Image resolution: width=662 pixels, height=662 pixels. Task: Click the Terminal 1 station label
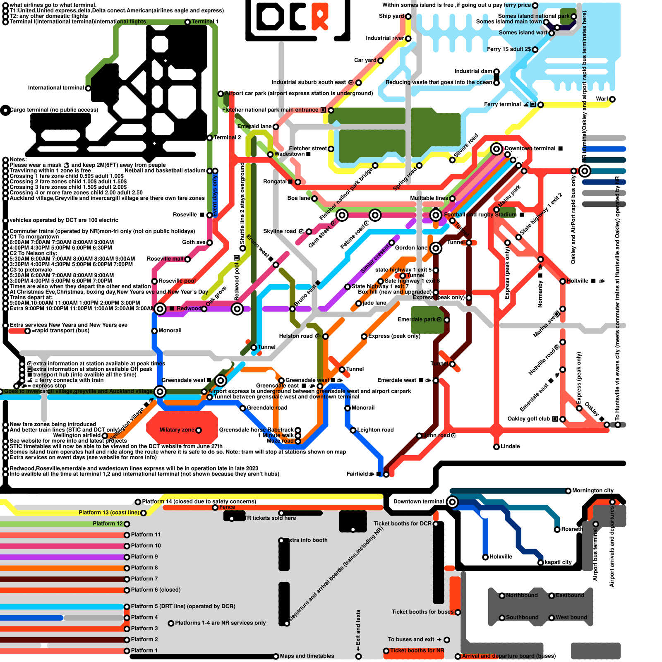click(x=205, y=22)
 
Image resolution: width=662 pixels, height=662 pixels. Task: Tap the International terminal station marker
click(x=88, y=88)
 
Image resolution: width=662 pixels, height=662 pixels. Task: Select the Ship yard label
click(x=391, y=16)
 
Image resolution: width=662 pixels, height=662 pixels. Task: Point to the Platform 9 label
click(x=144, y=557)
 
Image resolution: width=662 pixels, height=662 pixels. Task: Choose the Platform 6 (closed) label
click(x=156, y=590)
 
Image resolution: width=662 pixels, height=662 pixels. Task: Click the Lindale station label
click(x=510, y=446)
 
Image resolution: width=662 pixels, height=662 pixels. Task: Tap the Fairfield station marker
click(x=386, y=475)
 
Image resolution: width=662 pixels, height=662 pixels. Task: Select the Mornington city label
click(x=592, y=491)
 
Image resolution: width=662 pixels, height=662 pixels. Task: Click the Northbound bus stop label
click(x=522, y=595)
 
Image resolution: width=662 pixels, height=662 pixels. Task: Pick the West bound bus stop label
click(x=571, y=618)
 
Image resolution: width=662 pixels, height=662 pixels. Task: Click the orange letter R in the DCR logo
click(x=320, y=17)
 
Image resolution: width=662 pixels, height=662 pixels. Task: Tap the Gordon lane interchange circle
click(x=436, y=248)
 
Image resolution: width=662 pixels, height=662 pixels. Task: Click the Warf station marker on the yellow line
click(x=612, y=99)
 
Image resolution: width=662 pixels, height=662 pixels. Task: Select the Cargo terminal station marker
click(x=5, y=110)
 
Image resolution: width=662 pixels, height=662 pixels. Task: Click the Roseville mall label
click(x=165, y=259)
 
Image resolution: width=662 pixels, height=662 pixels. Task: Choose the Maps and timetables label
click(x=307, y=656)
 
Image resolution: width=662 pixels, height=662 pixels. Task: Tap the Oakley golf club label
click(x=528, y=419)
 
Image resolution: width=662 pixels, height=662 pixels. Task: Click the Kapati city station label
click(x=558, y=562)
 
